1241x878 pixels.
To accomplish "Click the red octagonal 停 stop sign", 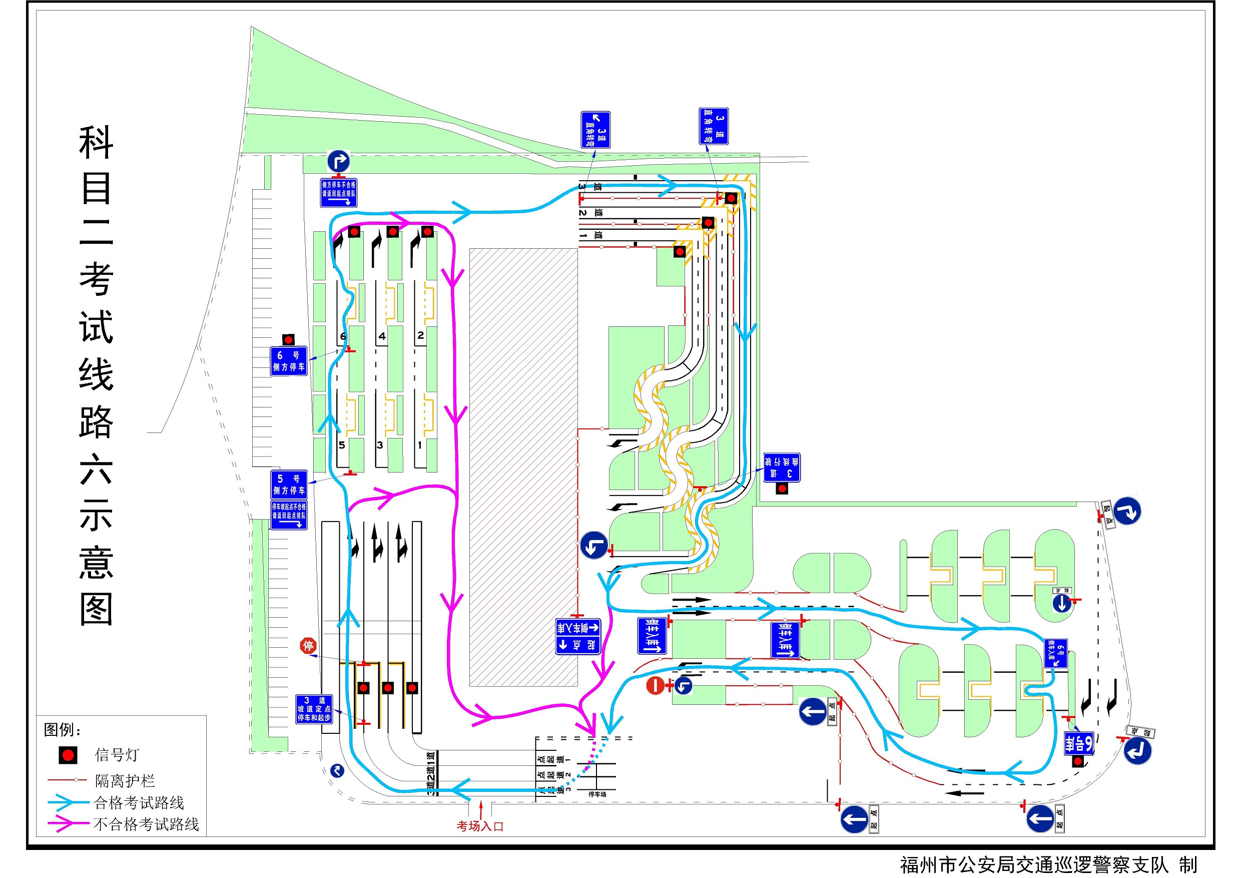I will pos(308,646).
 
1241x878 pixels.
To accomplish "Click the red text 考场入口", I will pos(480,826).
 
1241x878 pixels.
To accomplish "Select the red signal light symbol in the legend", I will pos(68,755).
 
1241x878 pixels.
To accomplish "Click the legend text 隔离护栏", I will pos(125,781).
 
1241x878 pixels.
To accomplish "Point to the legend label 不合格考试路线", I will pos(146,824).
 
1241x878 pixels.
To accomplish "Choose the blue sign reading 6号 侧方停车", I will pos(289,361).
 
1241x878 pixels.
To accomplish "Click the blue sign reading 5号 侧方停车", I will pos(289,485).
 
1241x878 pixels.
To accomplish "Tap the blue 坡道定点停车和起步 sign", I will pos(313,709).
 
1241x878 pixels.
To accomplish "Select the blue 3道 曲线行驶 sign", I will pos(782,468).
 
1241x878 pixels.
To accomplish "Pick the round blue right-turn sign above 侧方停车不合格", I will pos(338,161).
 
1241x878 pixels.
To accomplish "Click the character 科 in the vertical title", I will pos(96,143).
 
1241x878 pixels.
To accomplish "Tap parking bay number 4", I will pos(382,336).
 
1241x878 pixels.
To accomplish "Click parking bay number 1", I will pos(420,446).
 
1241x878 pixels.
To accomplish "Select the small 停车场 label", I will pos(597,794).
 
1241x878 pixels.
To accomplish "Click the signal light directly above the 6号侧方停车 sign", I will pos(289,339).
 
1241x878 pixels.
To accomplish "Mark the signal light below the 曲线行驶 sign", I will pos(782,489).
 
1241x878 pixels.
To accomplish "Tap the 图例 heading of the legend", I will pos(62,730).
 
